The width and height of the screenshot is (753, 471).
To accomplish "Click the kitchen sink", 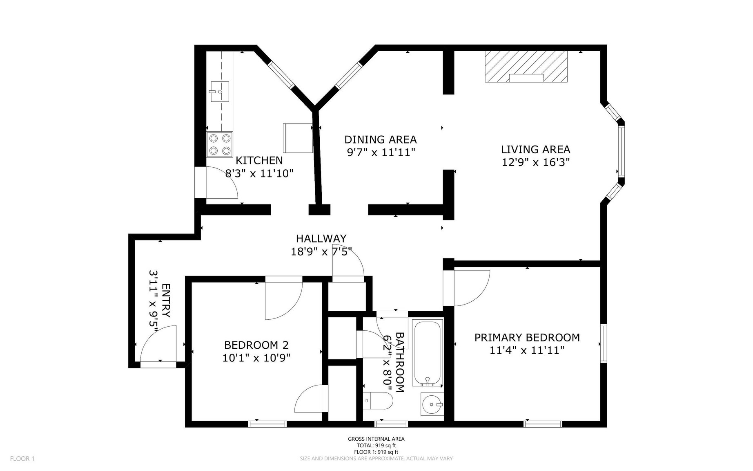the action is click(219, 92).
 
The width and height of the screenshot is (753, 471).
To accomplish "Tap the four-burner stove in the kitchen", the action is click(219, 144).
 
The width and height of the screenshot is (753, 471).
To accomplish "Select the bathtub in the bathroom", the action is click(428, 353).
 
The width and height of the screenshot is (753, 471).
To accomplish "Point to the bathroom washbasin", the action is click(432, 404).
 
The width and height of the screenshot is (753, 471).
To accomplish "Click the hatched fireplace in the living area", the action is click(526, 67).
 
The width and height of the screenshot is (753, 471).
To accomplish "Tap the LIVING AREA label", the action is click(535, 150).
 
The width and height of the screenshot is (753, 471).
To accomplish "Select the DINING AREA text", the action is click(380, 139).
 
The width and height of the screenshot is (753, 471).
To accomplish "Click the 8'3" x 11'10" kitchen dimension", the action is click(259, 174).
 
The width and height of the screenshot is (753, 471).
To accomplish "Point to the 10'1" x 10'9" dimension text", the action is click(256, 358).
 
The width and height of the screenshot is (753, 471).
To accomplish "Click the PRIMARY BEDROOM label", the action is click(527, 337).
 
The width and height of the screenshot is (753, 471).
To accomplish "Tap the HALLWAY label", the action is click(321, 238).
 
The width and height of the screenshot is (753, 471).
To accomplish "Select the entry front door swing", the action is click(158, 343).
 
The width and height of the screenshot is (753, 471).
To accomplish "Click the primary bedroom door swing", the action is click(472, 288).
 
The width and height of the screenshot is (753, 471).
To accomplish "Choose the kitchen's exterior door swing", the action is click(222, 182).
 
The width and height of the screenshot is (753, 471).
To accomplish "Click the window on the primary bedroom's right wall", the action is click(603, 343).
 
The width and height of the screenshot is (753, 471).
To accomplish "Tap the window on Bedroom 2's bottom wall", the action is click(267, 424).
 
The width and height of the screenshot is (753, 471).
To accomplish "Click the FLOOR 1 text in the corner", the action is click(22, 459).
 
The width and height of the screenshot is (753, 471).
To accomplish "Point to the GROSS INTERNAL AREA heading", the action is click(376, 439).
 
